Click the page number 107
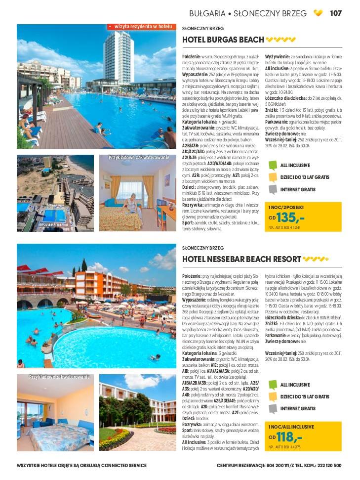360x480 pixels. click(x=336, y=13)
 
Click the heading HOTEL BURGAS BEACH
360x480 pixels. click(x=223, y=40)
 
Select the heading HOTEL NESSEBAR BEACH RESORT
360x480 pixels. click(x=241, y=259)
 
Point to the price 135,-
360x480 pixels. click(x=290, y=218)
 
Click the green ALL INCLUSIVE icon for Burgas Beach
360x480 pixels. click(x=273, y=166)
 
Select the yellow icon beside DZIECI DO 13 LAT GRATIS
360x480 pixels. click(x=273, y=177)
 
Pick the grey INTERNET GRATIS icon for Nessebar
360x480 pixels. click(x=273, y=409)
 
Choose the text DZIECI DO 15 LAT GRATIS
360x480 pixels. click(x=304, y=397)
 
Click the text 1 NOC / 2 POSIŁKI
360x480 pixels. click(x=286, y=207)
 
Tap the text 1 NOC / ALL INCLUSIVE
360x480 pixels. click(x=291, y=427)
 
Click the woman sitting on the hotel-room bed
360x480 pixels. click(x=132, y=205)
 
